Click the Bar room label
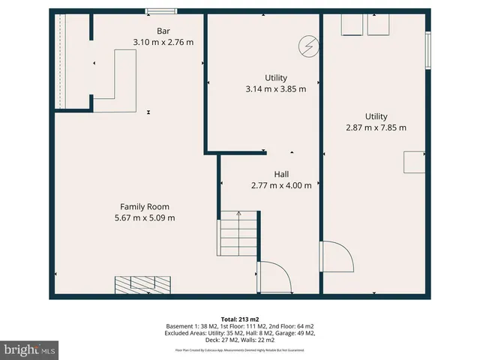tap(163, 31)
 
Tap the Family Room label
tap(145, 206)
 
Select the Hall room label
tap(281, 174)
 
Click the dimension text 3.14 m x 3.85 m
tap(276, 88)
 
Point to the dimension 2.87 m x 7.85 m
tap(376, 127)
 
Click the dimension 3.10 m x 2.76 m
tap(163, 42)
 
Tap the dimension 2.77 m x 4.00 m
tap(281, 185)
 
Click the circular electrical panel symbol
tap(307, 46)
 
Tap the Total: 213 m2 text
tap(240, 319)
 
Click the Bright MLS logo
tap(30, 350)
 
